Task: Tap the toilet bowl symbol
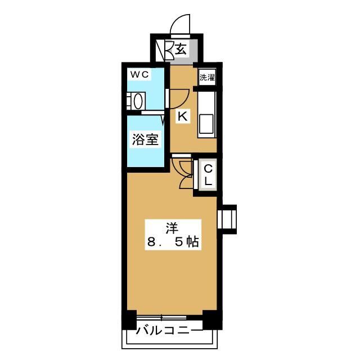tap(136, 102)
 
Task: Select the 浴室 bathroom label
tap(145, 139)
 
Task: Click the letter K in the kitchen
tap(182, 116)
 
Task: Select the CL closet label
tap(207, 175)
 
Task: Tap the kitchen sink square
tap(206, 123)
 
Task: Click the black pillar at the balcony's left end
tap(130, 319)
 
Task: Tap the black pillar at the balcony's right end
tap(210, 319)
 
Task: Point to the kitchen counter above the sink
tap(206, 101)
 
